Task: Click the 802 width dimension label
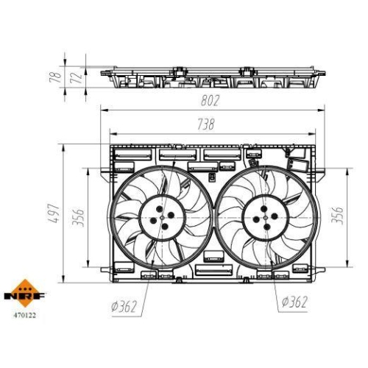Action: (x=209, y=101)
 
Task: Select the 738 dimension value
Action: (x=206, y=124)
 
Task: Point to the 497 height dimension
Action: (x=54, y=213)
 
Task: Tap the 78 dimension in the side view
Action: (x=55, y=77)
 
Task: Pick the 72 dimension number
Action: (x=77, y=77)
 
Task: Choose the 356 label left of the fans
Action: (x=78, y=218)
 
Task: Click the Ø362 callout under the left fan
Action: (x=124, y=306)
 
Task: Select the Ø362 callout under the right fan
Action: (x=294, y=302)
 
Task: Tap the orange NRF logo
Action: (x=24, y=293)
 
